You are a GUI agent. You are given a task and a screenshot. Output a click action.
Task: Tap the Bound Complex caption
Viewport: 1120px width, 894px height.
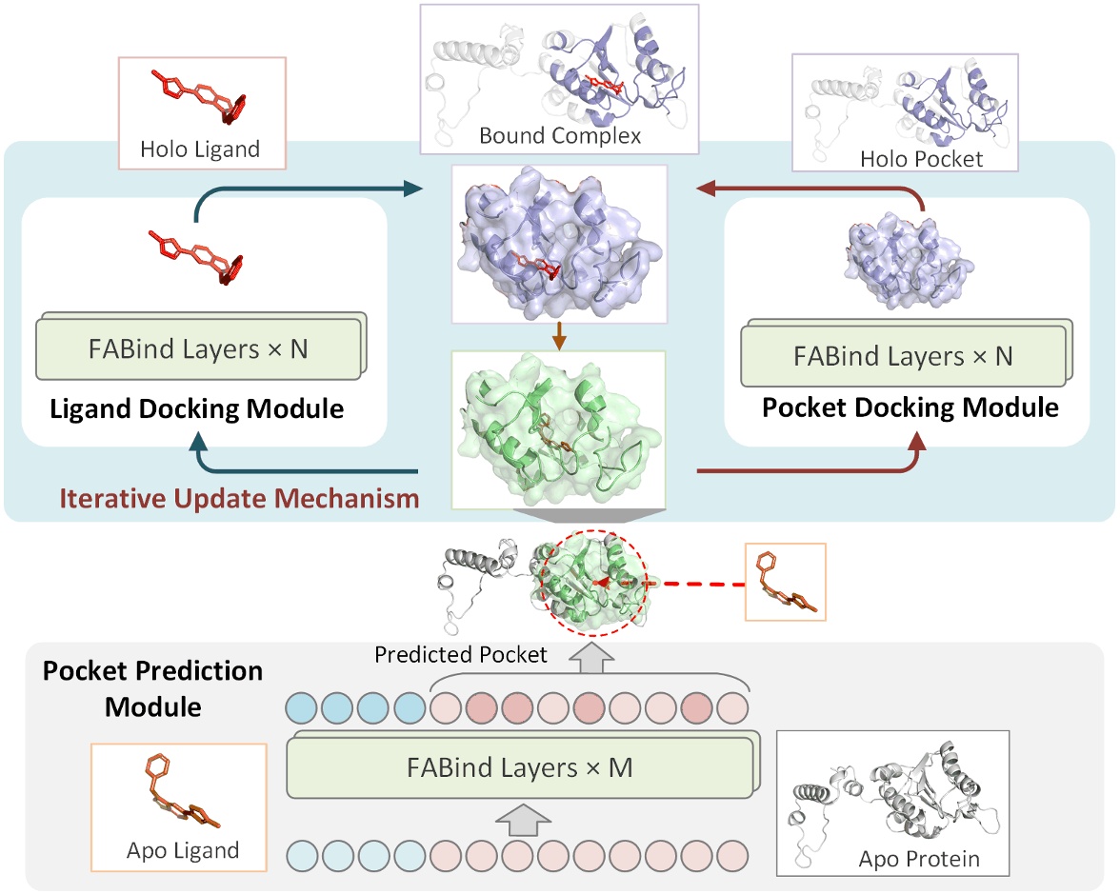point(560,136)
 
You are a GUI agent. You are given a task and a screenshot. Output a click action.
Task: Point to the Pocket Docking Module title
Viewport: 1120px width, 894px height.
point(910,407)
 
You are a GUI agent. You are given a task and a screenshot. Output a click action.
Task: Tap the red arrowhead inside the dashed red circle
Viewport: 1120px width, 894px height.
point(598,580)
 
